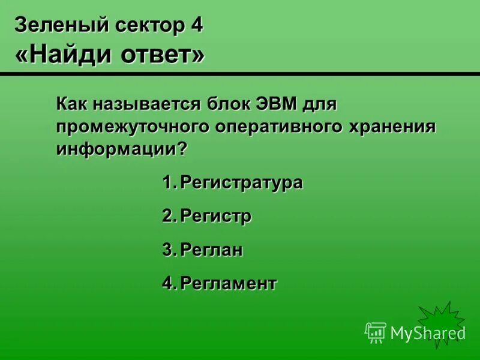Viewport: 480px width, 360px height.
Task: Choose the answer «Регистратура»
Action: coord(241,182)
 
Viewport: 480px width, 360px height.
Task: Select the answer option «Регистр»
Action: coord(215,216)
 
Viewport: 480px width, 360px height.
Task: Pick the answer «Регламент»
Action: coord(229,283)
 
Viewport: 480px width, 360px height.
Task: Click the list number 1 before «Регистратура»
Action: coord(167,182)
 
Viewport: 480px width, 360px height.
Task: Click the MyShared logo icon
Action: coord(376,332)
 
